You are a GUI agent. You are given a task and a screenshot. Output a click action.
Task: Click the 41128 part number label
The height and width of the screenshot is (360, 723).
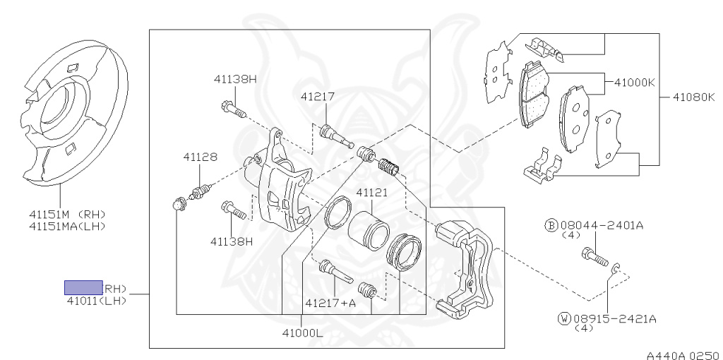200,157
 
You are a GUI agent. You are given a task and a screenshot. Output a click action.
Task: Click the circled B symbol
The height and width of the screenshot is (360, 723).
551,225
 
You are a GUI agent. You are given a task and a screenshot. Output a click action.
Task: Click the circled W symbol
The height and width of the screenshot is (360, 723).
563,319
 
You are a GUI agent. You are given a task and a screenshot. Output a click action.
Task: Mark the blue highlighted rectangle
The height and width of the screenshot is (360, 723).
84,287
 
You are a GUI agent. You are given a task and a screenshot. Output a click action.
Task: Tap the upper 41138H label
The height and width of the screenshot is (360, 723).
235,79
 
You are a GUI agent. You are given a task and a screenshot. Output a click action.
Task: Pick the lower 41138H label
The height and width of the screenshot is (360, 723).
231,241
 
